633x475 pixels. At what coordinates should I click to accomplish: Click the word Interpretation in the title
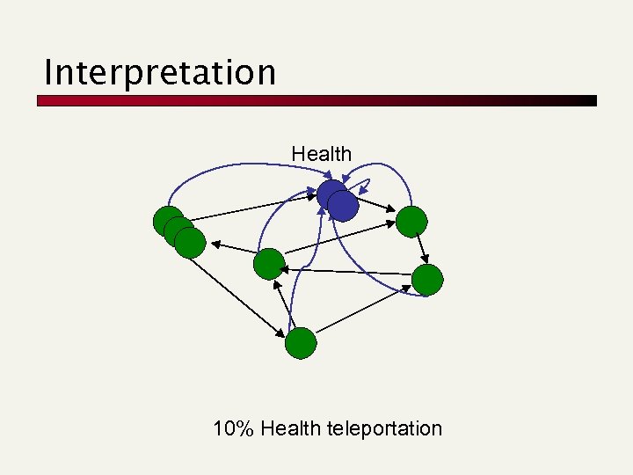click(x=159, y=72)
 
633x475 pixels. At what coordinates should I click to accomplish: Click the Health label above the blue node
click(x=321, y=154)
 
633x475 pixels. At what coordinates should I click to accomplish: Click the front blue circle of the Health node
click(x=343, y=206)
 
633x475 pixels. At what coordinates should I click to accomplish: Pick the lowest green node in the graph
click(x=301, y=342)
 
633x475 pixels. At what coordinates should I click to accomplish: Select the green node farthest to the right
click(x=428, y=280)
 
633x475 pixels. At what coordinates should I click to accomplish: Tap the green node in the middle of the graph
click(x=269, y=264)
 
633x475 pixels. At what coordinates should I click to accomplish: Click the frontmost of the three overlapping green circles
click(x=190, y=242)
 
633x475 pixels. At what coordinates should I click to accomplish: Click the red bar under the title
click(x=316, y=101)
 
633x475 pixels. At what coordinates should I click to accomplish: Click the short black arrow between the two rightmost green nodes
click(x=420, y=251)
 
